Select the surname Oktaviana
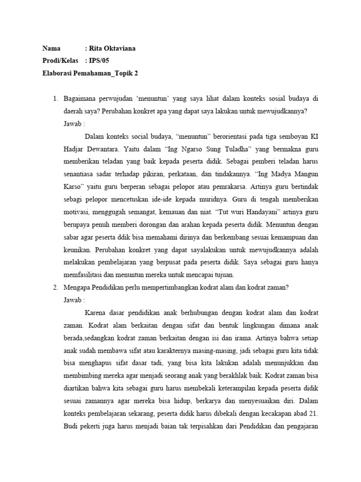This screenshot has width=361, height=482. [122, 48]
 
